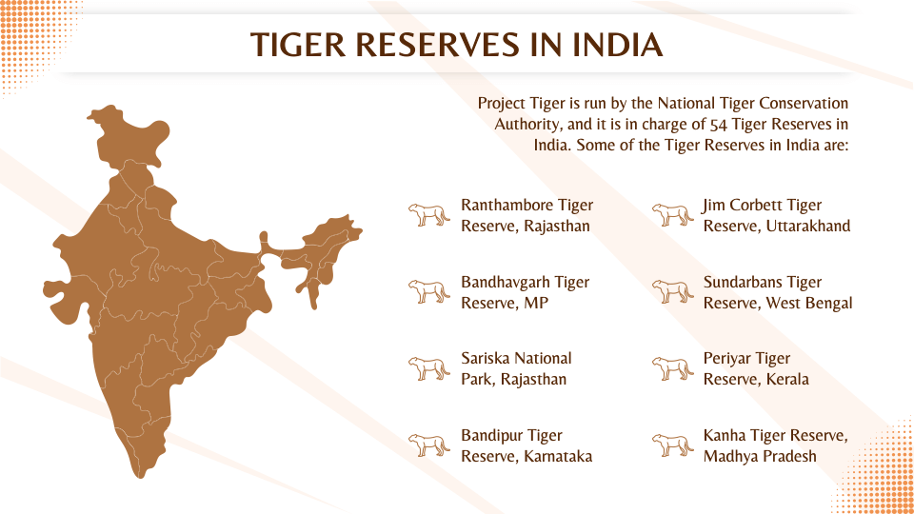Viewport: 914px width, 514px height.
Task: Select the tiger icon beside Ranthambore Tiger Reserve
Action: [429, 215]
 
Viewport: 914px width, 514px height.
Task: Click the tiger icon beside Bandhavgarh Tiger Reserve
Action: [429, 291]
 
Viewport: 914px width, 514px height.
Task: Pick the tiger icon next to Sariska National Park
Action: [429, 368]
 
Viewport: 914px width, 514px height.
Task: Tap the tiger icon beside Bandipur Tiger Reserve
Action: [429, 445]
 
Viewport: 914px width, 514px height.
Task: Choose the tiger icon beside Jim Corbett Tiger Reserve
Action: [673, 215]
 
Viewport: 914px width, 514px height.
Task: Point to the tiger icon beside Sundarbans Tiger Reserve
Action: [673, 291]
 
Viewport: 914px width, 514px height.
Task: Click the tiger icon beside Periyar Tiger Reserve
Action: [673, 368]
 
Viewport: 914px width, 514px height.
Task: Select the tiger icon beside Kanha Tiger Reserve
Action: [673, 445]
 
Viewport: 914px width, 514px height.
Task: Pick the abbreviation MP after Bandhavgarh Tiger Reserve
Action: [538, 304]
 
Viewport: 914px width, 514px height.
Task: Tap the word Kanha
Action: [725, 436]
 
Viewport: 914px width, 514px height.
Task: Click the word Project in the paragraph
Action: [504, 103]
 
